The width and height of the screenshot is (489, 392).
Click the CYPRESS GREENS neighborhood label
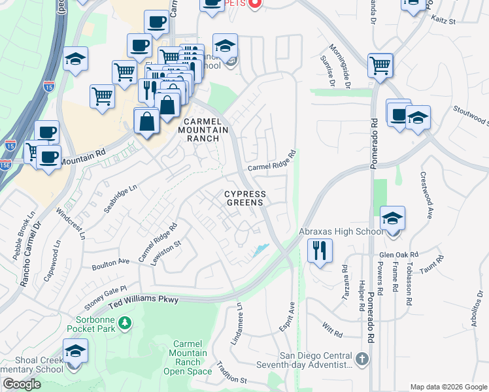(246, 198)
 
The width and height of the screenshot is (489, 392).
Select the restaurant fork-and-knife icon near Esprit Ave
(320, 251)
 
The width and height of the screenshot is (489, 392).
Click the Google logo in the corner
(22, 384)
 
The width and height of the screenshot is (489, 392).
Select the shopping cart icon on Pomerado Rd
(380, 65)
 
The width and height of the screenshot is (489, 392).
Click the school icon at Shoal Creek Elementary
(75, 351)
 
